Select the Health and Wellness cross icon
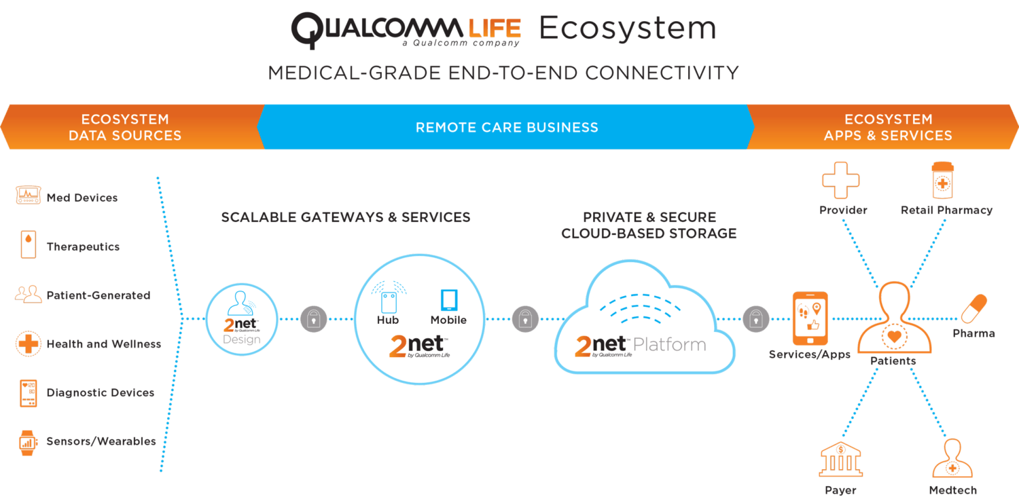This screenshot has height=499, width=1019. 28,344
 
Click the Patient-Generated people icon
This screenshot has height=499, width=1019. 28,295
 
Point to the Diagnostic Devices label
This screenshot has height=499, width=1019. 100,392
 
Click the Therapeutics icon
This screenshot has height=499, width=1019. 28,245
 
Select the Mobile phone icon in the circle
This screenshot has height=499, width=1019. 448,299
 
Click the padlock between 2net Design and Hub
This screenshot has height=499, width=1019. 313,319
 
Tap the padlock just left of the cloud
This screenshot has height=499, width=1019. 525,319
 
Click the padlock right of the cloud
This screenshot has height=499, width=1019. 755,319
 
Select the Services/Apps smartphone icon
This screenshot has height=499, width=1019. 810,318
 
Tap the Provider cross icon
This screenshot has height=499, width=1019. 840,180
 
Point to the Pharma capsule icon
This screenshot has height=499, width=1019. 973,309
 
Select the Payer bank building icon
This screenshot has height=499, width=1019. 840,459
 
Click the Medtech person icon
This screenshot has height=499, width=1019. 952,459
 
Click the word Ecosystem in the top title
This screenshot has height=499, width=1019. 627,29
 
